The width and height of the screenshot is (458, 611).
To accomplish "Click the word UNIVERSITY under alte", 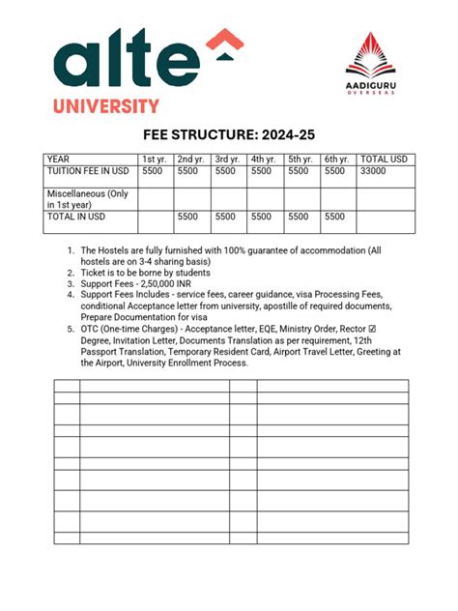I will [x=106, y=105].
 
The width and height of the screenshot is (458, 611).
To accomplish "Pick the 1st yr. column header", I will [x=155, y=160].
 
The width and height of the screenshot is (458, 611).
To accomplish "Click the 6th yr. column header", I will [x=337, y=160].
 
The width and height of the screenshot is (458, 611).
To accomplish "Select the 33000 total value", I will [x=374, y=171].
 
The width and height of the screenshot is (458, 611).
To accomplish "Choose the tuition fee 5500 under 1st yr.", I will [x=153, y=171].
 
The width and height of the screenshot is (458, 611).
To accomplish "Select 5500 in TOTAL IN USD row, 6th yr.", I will [x=334, y=218].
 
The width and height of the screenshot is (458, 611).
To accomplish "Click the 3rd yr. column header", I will [x=228, y=160].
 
